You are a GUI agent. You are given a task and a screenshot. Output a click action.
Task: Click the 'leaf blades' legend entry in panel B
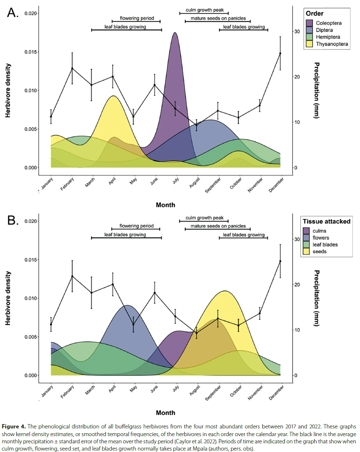tap(327, 245)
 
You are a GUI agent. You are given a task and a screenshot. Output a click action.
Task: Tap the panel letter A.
tap(13, 13)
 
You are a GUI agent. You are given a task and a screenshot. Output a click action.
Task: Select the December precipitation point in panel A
tap(280, 53)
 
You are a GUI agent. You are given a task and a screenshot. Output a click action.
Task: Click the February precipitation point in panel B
tap(72, 276)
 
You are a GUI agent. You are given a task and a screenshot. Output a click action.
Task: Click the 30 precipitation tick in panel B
tap(296, 239)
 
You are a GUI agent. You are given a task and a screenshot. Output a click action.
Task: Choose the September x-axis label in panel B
tap(213, 392)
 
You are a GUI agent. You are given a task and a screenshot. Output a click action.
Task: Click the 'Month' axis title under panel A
tap(165, 205)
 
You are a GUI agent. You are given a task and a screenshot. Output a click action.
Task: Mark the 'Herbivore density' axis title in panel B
tap(8, 298)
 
